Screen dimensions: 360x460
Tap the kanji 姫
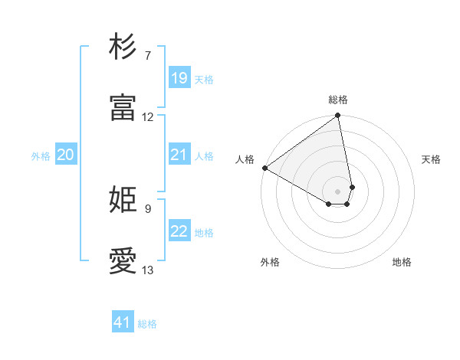[x=123, y=200]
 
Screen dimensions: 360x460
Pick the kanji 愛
[x=123, y=261]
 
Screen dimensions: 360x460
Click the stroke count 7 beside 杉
[x=148, y=56]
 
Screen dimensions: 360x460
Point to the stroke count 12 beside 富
[x=148, y=117]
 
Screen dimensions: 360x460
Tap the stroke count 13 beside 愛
[x=148, y=270]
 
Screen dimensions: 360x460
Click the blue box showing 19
[x=179, y=78]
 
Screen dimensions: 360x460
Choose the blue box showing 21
[x=179, y=155]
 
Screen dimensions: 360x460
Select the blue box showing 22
[x=179, y=231]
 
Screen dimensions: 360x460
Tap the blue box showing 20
[x=66, y=155]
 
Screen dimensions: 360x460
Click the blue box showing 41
[x=123, y=323]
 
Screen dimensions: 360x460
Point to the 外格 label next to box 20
[x=41, y=156]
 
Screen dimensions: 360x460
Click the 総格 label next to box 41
[x=147, y=324]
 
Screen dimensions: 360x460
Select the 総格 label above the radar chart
[x=338, y=100]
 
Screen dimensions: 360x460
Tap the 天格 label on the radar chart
[x=432, y=159]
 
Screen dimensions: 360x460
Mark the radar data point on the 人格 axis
[x=264, y=168]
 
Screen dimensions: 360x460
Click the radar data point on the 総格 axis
[x=337, y=116]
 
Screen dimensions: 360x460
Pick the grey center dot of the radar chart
[x=338, y=191]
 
